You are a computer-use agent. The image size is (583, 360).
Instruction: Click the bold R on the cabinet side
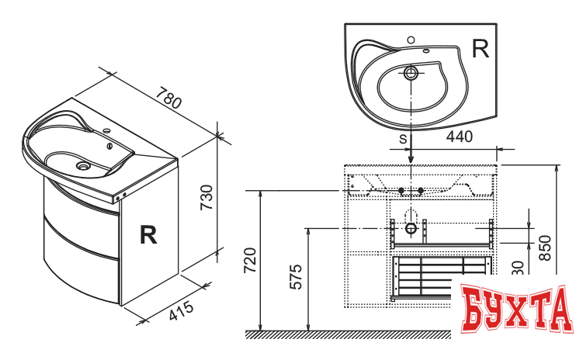pos(147,235)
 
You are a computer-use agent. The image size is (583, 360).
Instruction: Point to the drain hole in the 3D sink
pos(81,165)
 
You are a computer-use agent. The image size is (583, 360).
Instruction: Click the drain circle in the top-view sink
pos(411,74)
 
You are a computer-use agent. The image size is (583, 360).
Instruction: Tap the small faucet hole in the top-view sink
pos(411,40)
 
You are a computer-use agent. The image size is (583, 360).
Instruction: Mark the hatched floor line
pos(349,334)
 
